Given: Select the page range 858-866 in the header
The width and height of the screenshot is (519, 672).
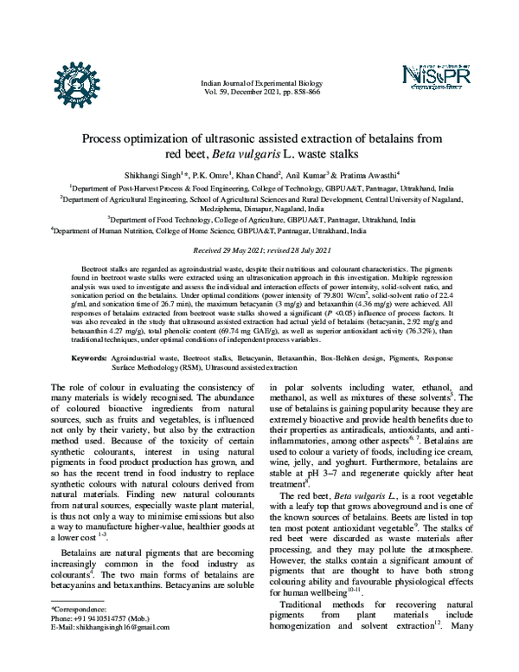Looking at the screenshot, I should [303, 90].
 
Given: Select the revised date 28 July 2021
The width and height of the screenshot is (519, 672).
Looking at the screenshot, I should [306, 249].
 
